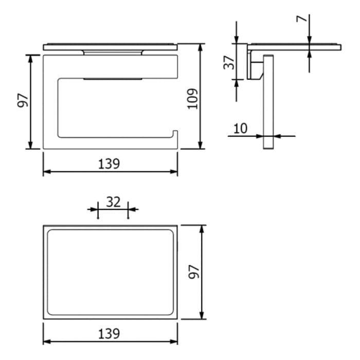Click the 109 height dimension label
tap(192, 98)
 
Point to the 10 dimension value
tap(240, 128)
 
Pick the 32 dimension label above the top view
tap(113, 202)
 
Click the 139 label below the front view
tap(109, 164)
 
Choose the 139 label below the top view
tap(109, 333)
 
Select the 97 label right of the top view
tap(193, 272)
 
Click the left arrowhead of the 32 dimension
tap(94, 209)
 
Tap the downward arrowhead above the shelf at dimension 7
tap(310, 41)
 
